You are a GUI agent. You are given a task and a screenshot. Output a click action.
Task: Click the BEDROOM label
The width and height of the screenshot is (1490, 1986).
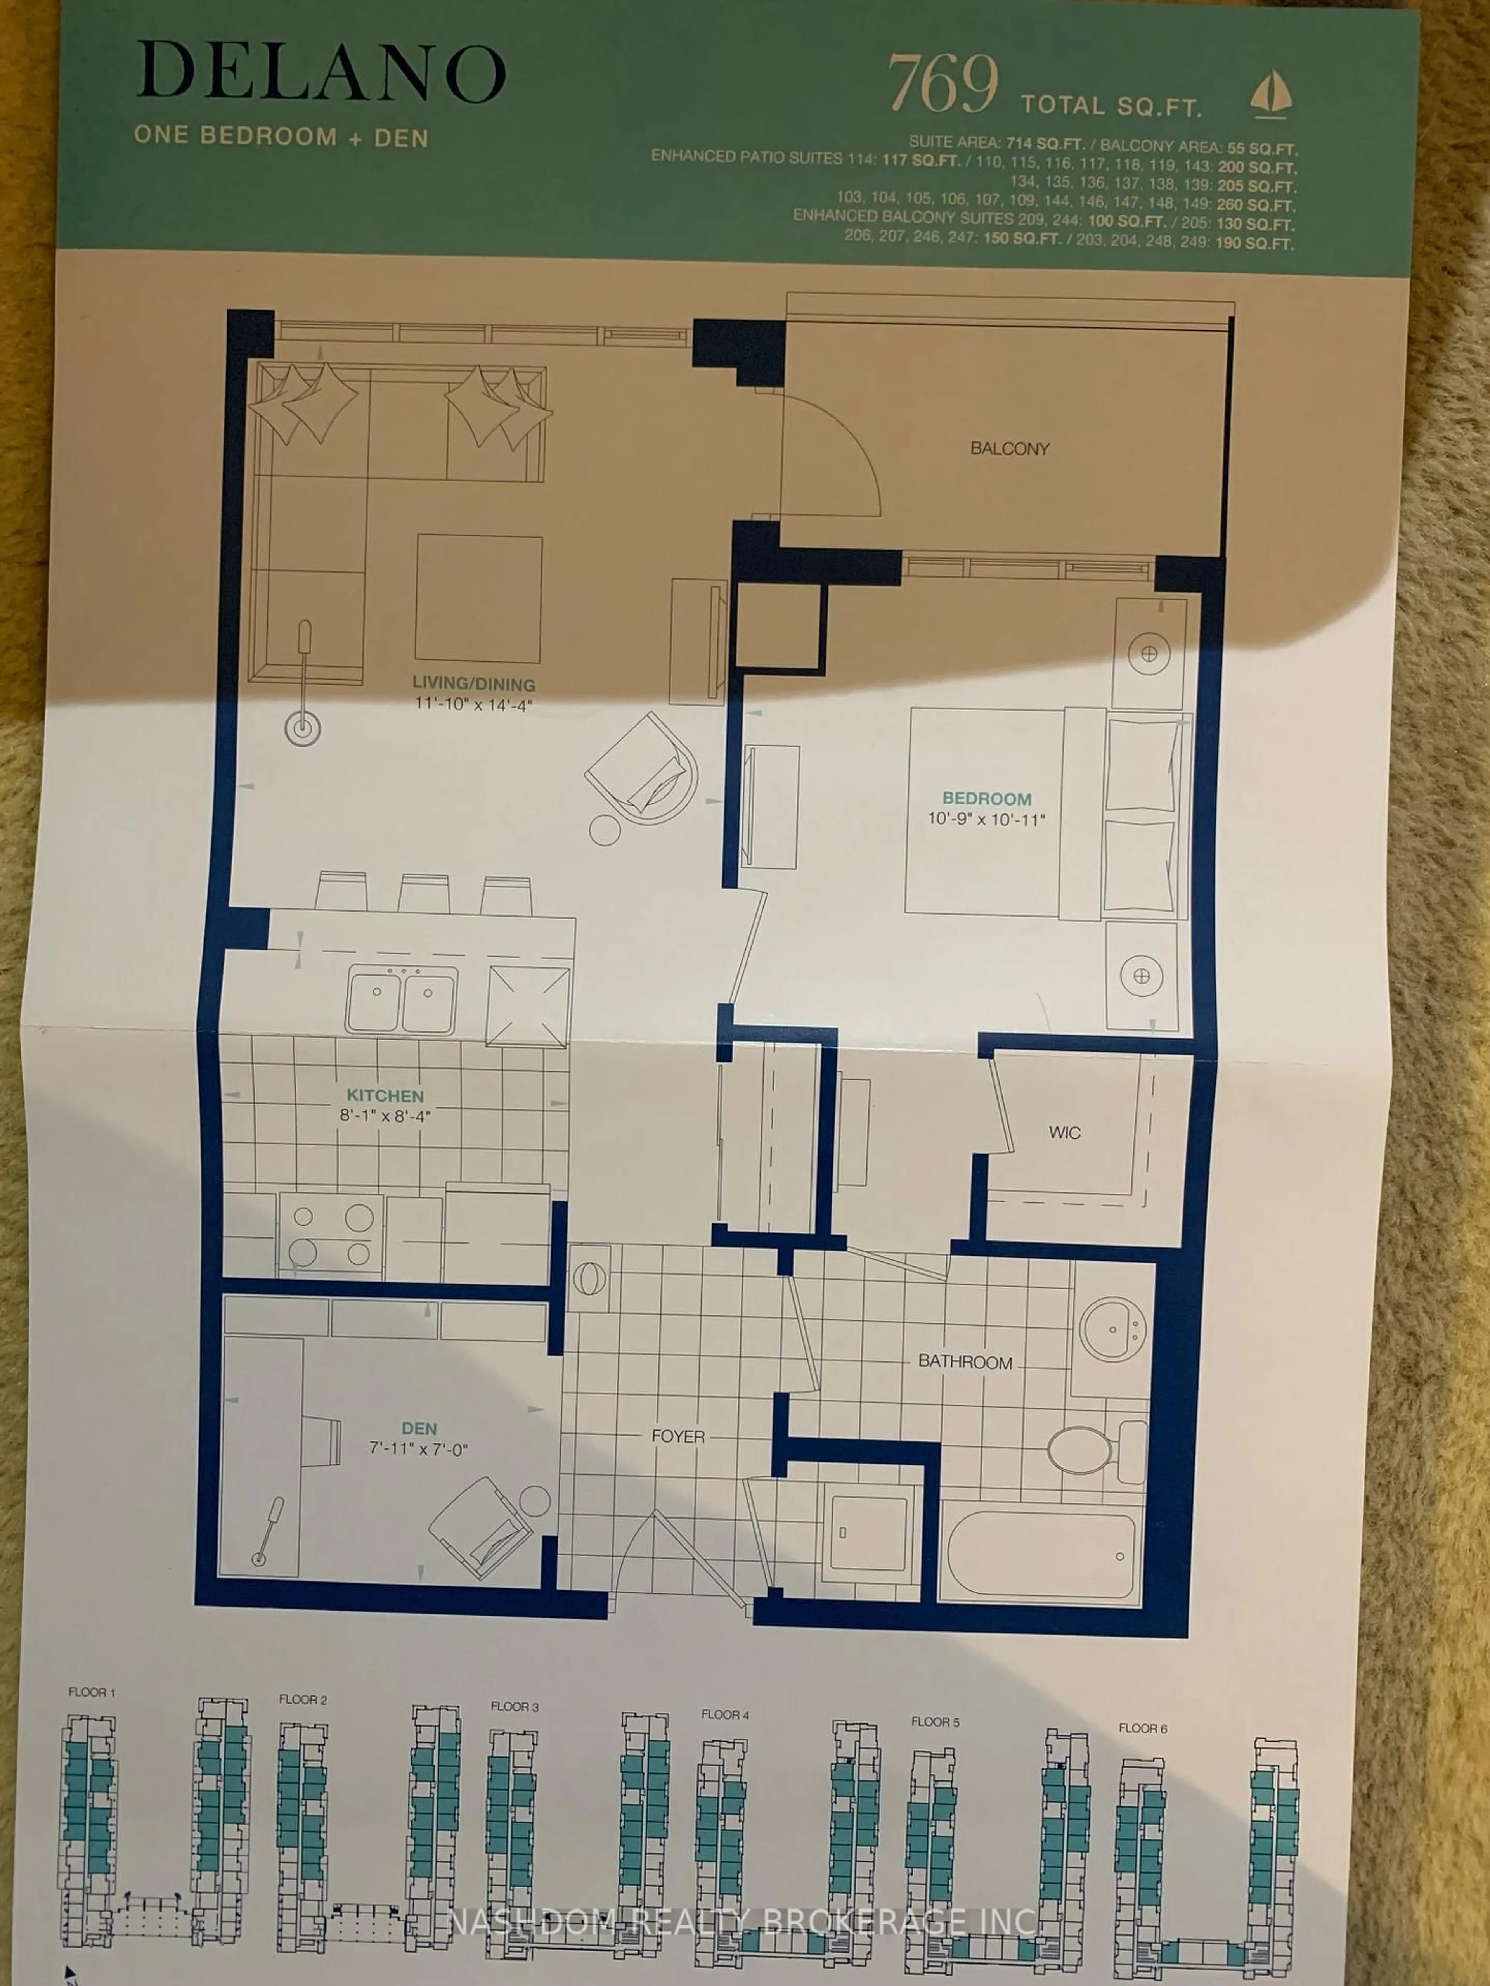click(986, 798)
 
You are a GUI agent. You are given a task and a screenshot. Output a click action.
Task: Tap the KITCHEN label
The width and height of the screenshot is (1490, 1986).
click(385, 1095)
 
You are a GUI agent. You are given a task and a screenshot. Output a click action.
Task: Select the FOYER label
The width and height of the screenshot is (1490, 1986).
click(678, 1436)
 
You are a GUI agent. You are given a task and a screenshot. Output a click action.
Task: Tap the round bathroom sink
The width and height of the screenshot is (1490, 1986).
click(1112, 1330)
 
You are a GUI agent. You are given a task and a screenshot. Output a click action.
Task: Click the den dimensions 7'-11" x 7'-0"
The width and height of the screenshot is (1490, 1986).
click(419, 1449)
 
